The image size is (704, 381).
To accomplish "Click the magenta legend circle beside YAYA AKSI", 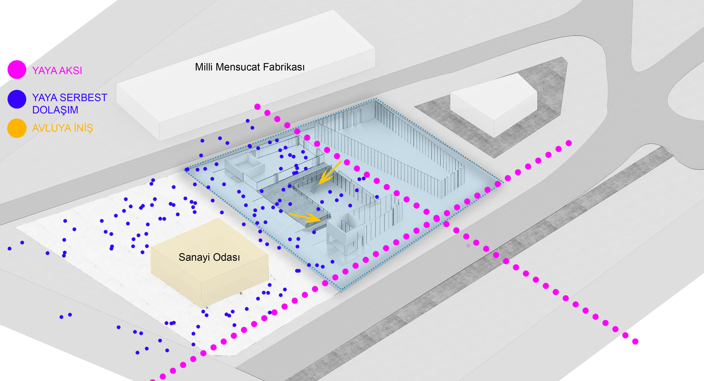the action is [17, 69].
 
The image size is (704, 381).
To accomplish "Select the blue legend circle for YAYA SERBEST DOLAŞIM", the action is [17, 99].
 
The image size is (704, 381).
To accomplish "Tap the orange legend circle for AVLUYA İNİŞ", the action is [17, 128].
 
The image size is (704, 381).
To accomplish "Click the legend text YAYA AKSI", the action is [57, 71].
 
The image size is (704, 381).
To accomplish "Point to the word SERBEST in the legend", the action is [84, 98].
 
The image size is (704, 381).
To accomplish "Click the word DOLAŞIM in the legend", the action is [55, 110].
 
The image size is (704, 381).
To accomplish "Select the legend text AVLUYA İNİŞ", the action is [63, 128].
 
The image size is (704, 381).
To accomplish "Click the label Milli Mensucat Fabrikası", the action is [250, 67].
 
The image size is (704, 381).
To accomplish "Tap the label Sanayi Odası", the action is [209, 257].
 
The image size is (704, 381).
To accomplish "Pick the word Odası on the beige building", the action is [225, 257].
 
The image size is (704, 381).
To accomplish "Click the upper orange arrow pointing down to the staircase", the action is [330, 173].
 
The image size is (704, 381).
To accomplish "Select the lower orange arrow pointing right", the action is [305, 217].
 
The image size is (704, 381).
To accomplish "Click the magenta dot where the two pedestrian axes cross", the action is [436, 219].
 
